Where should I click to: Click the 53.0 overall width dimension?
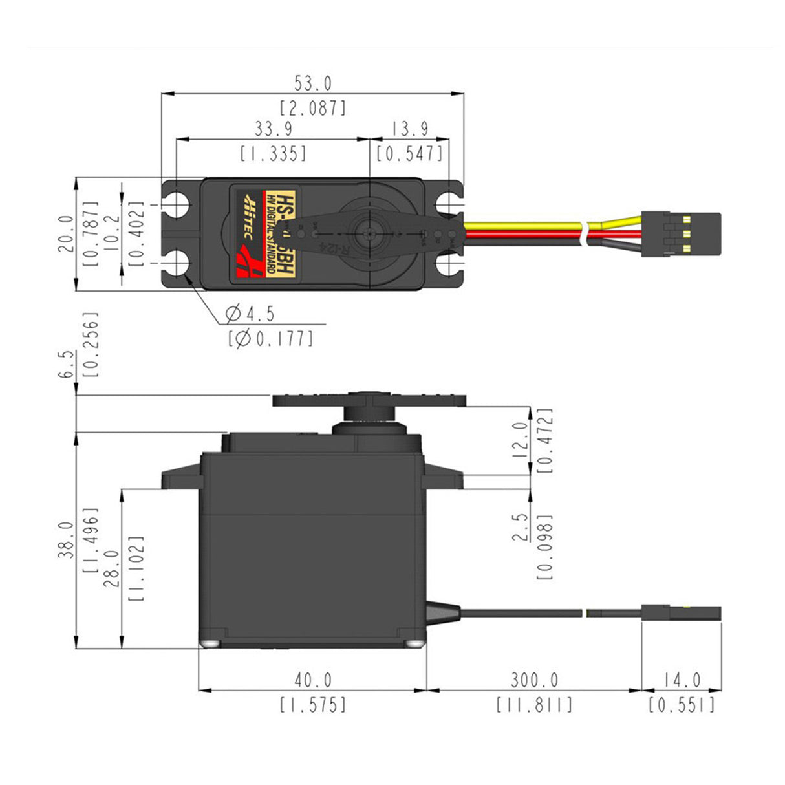(313, 83)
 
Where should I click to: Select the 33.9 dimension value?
(272, 129)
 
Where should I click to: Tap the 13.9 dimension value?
(410, 129)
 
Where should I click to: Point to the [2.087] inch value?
(313, 108)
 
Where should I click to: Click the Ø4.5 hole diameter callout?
(250, 314)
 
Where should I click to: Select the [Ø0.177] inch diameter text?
(270, 338)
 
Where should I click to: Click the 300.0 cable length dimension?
(534, 680)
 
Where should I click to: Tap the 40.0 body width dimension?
(313, 680)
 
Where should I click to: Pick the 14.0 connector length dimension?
(681, 680)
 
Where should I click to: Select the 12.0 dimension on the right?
(520, 440)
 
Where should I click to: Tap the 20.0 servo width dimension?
(66, 233)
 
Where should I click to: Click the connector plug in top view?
(680, 234)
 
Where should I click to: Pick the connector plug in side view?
(680, 613)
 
